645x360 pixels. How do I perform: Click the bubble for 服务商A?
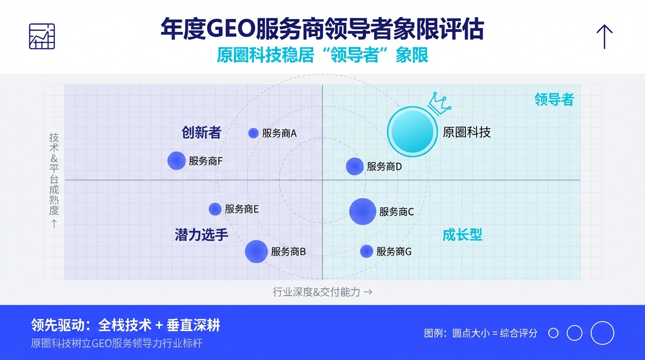(x=253, y=133)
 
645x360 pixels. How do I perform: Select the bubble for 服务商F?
(x=177, y=161)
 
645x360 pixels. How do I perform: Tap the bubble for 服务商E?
(x=215, y=209)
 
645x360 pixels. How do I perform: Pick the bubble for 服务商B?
(x=256, y=251)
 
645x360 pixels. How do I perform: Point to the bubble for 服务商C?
(x=362, y=211)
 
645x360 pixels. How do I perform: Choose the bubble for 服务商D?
(x=354, y=166)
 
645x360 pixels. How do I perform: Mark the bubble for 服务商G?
(x=367, y=251)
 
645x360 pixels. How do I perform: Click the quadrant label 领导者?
(x=554, y=99)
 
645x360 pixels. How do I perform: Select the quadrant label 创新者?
(x=201, y=133)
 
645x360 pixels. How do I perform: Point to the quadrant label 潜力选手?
(x=202, y=234)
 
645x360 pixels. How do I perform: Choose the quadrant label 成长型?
(x=463, y=235)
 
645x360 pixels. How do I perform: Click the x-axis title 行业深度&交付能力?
(x=322, y=292)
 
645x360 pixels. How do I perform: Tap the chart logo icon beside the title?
(x=42, y=36)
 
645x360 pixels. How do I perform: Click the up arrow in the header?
(x=604, y=37)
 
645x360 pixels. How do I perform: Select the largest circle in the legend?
(x=602, y=333)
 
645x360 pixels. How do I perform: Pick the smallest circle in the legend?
(x=553, y=333)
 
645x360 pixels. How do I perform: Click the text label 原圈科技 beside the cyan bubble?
(x=466, y=132)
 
